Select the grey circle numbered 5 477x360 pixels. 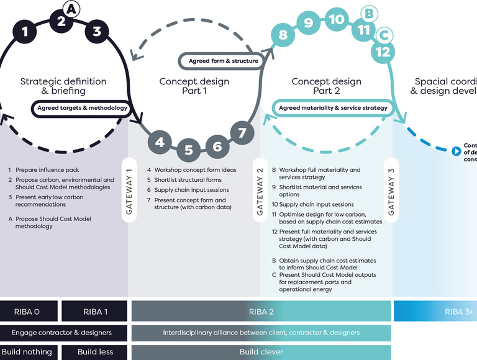click(189, 150)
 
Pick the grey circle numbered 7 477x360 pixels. click(242, 133)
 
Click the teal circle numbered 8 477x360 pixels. click(283, 35)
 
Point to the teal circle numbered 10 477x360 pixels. click(336, 19)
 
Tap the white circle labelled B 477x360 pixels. click(368, 12)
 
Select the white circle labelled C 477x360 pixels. click(384, 34)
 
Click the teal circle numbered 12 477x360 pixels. click(383, 52)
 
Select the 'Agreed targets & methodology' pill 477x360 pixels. click(82, 108)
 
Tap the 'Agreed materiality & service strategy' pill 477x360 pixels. click(333, 108)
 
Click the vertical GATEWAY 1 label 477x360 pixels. click(129, 192)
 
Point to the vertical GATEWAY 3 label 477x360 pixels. click(391, 192)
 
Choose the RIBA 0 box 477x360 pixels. click(29, 311)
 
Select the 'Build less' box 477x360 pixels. click(95, 352)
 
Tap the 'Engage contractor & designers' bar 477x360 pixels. click(64, 333)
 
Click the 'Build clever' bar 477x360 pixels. click(261, 352)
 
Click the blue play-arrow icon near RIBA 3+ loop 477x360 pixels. click(457, 151)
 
